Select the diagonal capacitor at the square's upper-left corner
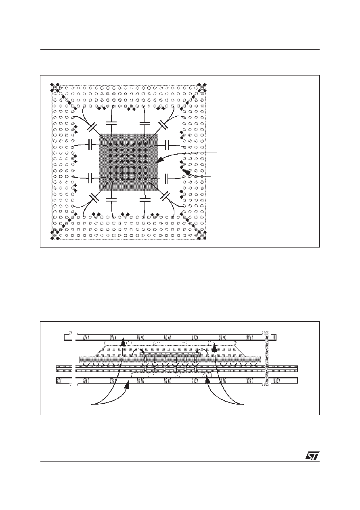(92, 127)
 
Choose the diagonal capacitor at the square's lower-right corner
(165, 196)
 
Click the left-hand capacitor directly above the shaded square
(111, 123)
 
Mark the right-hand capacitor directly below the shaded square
(145, 200)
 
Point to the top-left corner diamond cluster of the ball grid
(54, 88)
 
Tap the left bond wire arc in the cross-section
(136, 350)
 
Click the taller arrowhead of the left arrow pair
(123, 342)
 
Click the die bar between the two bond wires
(170, 355)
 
